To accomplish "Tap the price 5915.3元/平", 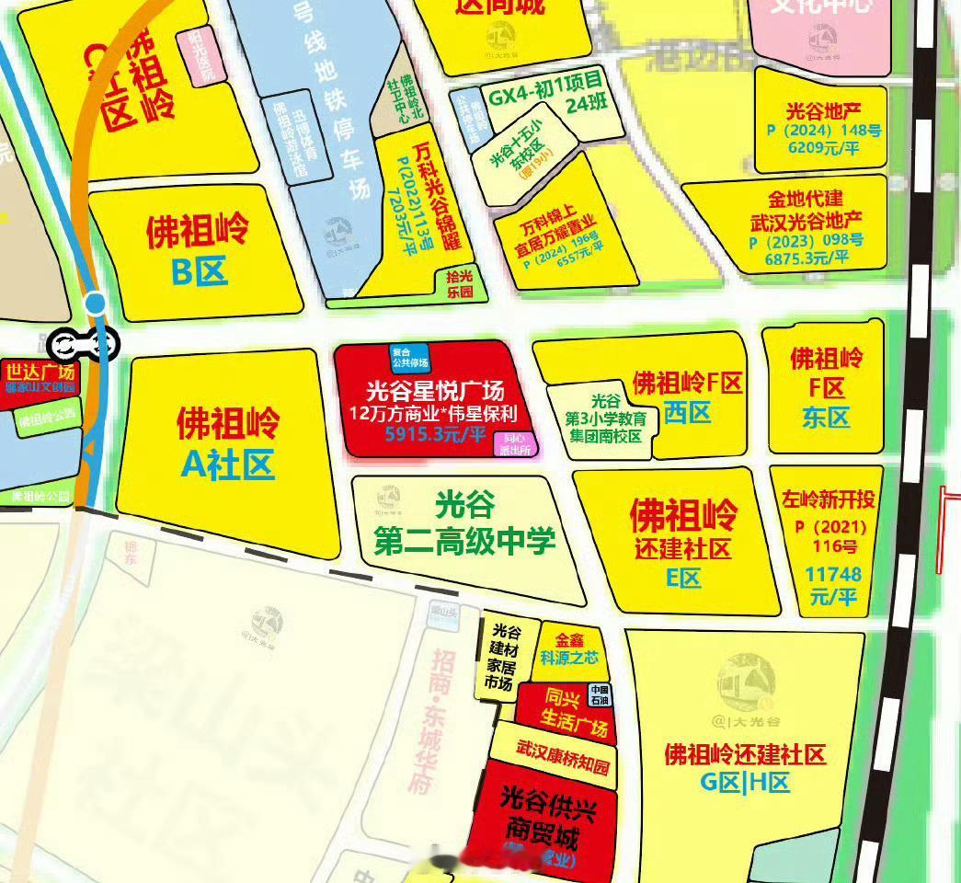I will click(x=435, y=433).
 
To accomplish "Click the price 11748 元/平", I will click(x=833, y=585).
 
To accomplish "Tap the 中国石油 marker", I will click(x=599, y=695).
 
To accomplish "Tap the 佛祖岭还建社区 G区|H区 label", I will click(x=745, y=769).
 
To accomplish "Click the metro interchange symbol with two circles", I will click(x=84, y=344).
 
